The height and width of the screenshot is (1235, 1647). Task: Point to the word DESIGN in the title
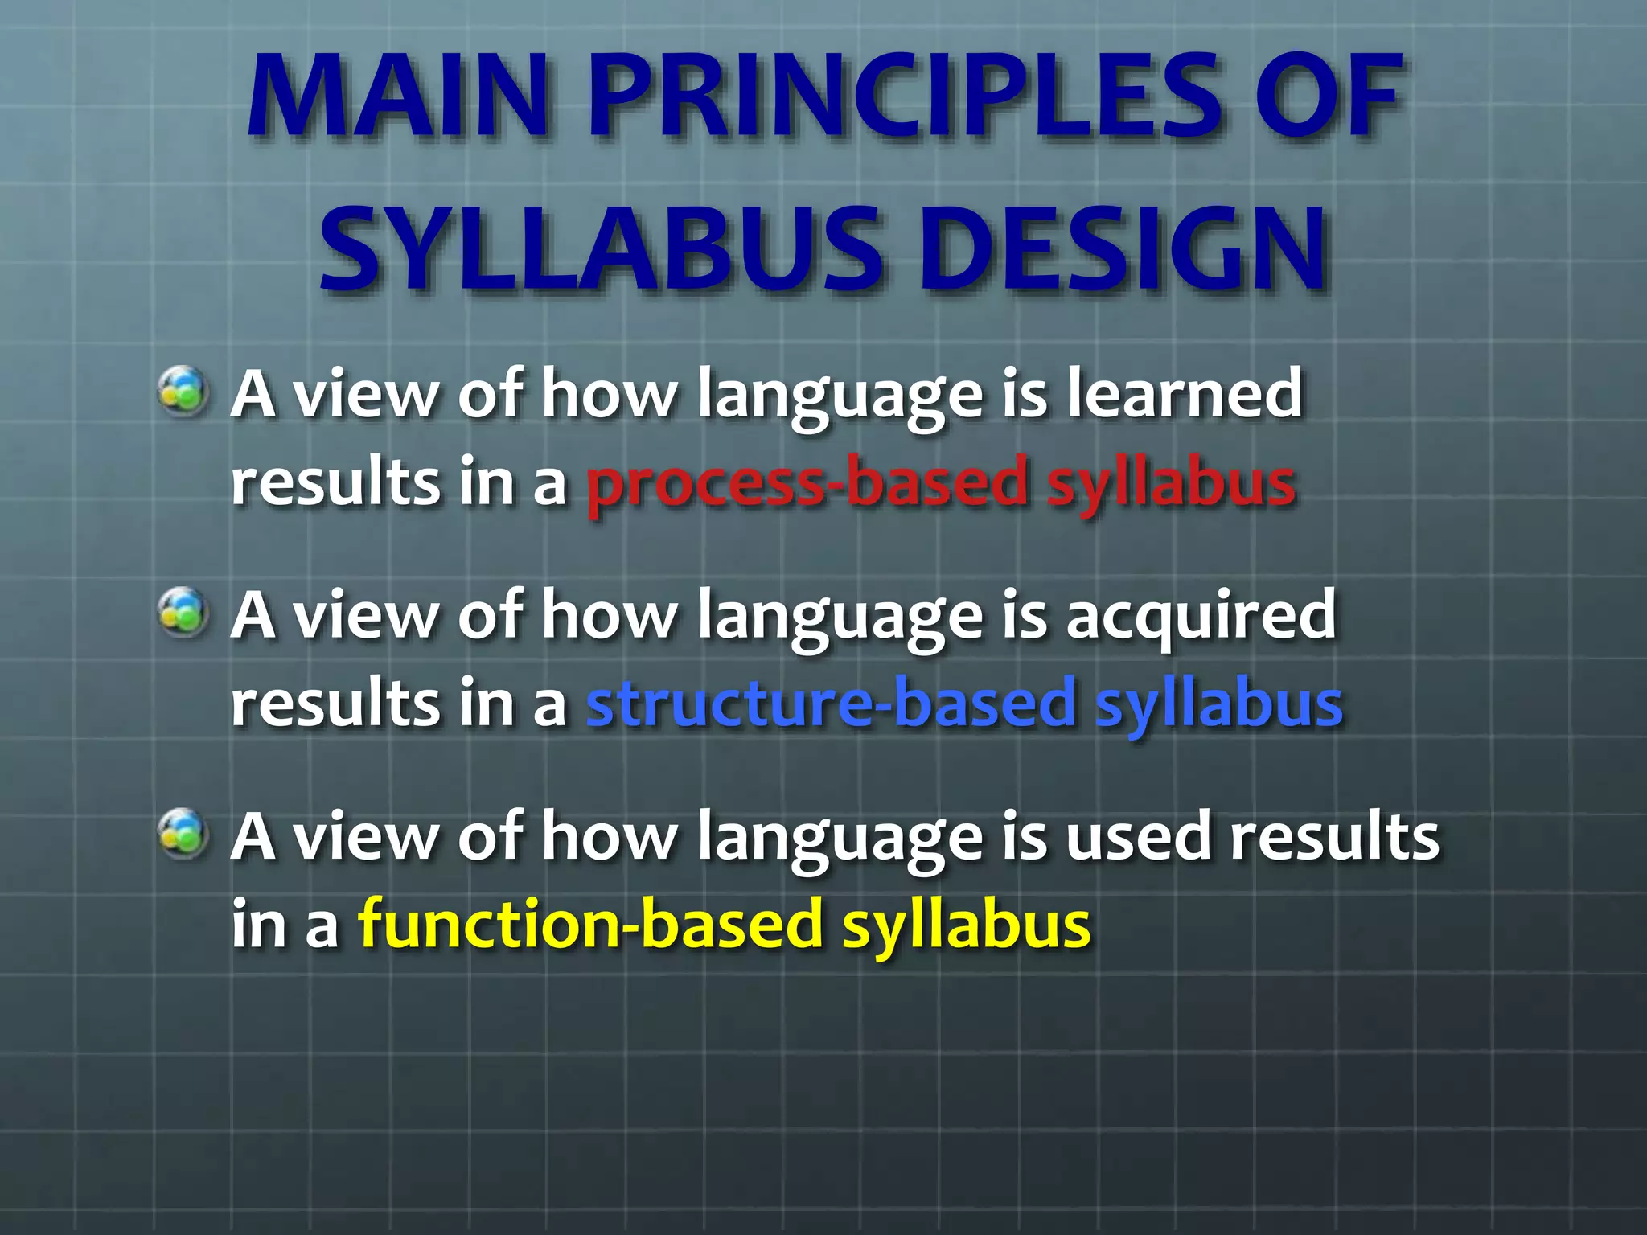[1121, 249]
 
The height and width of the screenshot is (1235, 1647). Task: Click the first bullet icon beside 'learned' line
[183, 392]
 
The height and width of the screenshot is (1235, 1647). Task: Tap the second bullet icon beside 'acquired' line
[183, 613]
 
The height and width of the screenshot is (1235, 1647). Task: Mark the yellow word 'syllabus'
[966, 925]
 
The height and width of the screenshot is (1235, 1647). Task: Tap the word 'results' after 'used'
[1335, 838]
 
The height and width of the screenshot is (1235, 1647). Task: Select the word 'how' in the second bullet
[610, 616]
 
